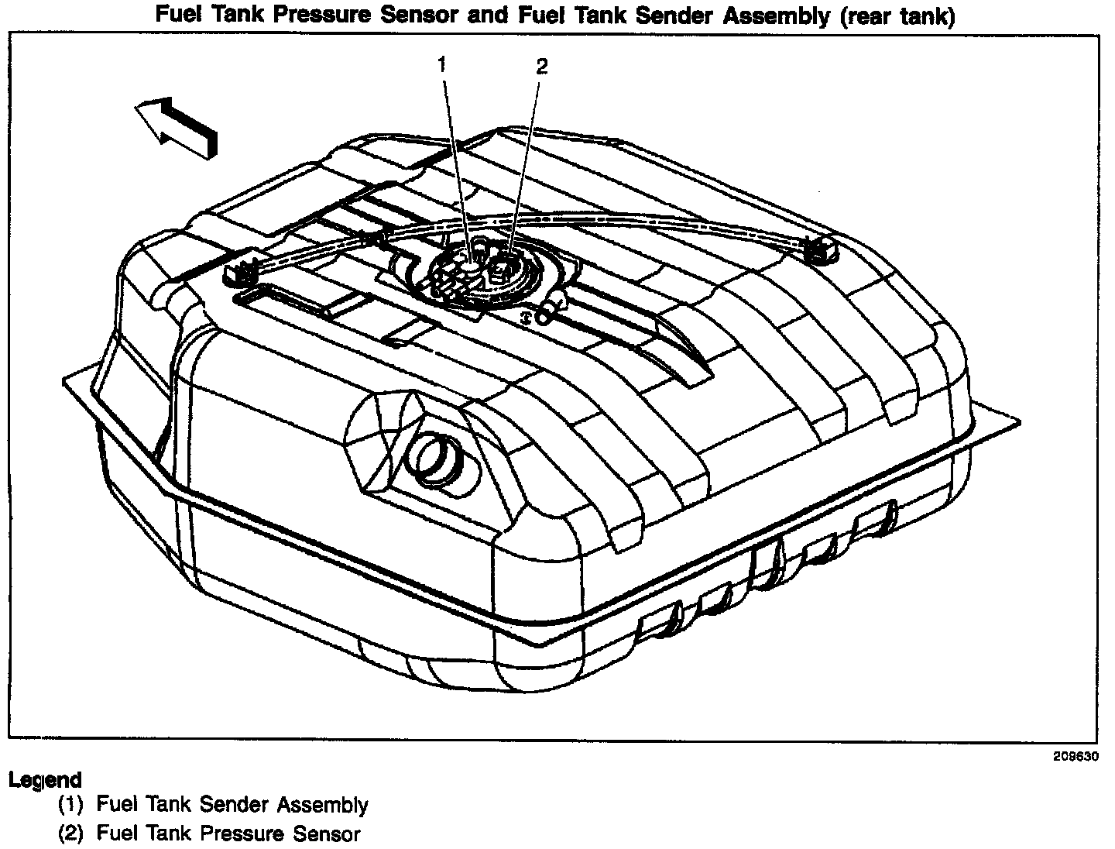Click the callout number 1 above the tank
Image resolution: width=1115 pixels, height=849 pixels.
coord(443,65)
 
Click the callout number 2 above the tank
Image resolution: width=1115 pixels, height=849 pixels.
coord(541,67)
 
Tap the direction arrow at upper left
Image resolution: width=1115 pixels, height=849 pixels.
coord(177,126)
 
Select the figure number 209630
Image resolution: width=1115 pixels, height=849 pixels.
coord(1076,757)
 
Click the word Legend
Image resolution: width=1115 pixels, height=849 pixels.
coord(45,780)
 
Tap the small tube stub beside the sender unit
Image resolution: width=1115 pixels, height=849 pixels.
coord(547,312)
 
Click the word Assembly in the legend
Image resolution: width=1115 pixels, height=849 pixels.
coord(322,806)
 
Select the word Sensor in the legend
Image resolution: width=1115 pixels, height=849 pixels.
coord(325,834)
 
